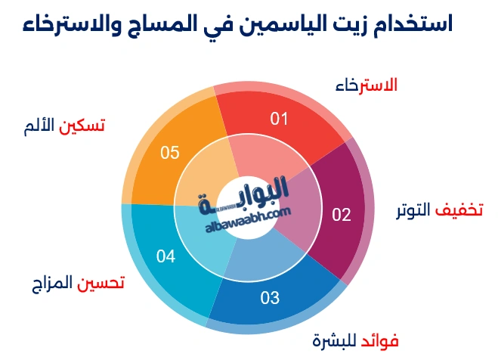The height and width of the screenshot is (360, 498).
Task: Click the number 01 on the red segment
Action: pos(280,119)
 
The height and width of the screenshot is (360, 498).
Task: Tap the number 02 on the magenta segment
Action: pos(342,215)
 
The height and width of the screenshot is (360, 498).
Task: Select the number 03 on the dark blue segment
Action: pos(270,297)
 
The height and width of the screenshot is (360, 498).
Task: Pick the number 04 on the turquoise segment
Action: pos(166,256)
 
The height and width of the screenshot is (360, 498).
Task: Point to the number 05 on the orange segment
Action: pos(169,153)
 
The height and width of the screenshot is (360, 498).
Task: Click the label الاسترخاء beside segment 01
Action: pos(366,85)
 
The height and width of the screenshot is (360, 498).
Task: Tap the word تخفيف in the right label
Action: pos(462,209)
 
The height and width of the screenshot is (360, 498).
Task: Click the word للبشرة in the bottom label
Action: pos(335,339)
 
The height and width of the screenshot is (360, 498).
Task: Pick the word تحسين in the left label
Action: pos(101,283)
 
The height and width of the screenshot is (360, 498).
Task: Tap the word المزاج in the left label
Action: pos(51,283)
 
